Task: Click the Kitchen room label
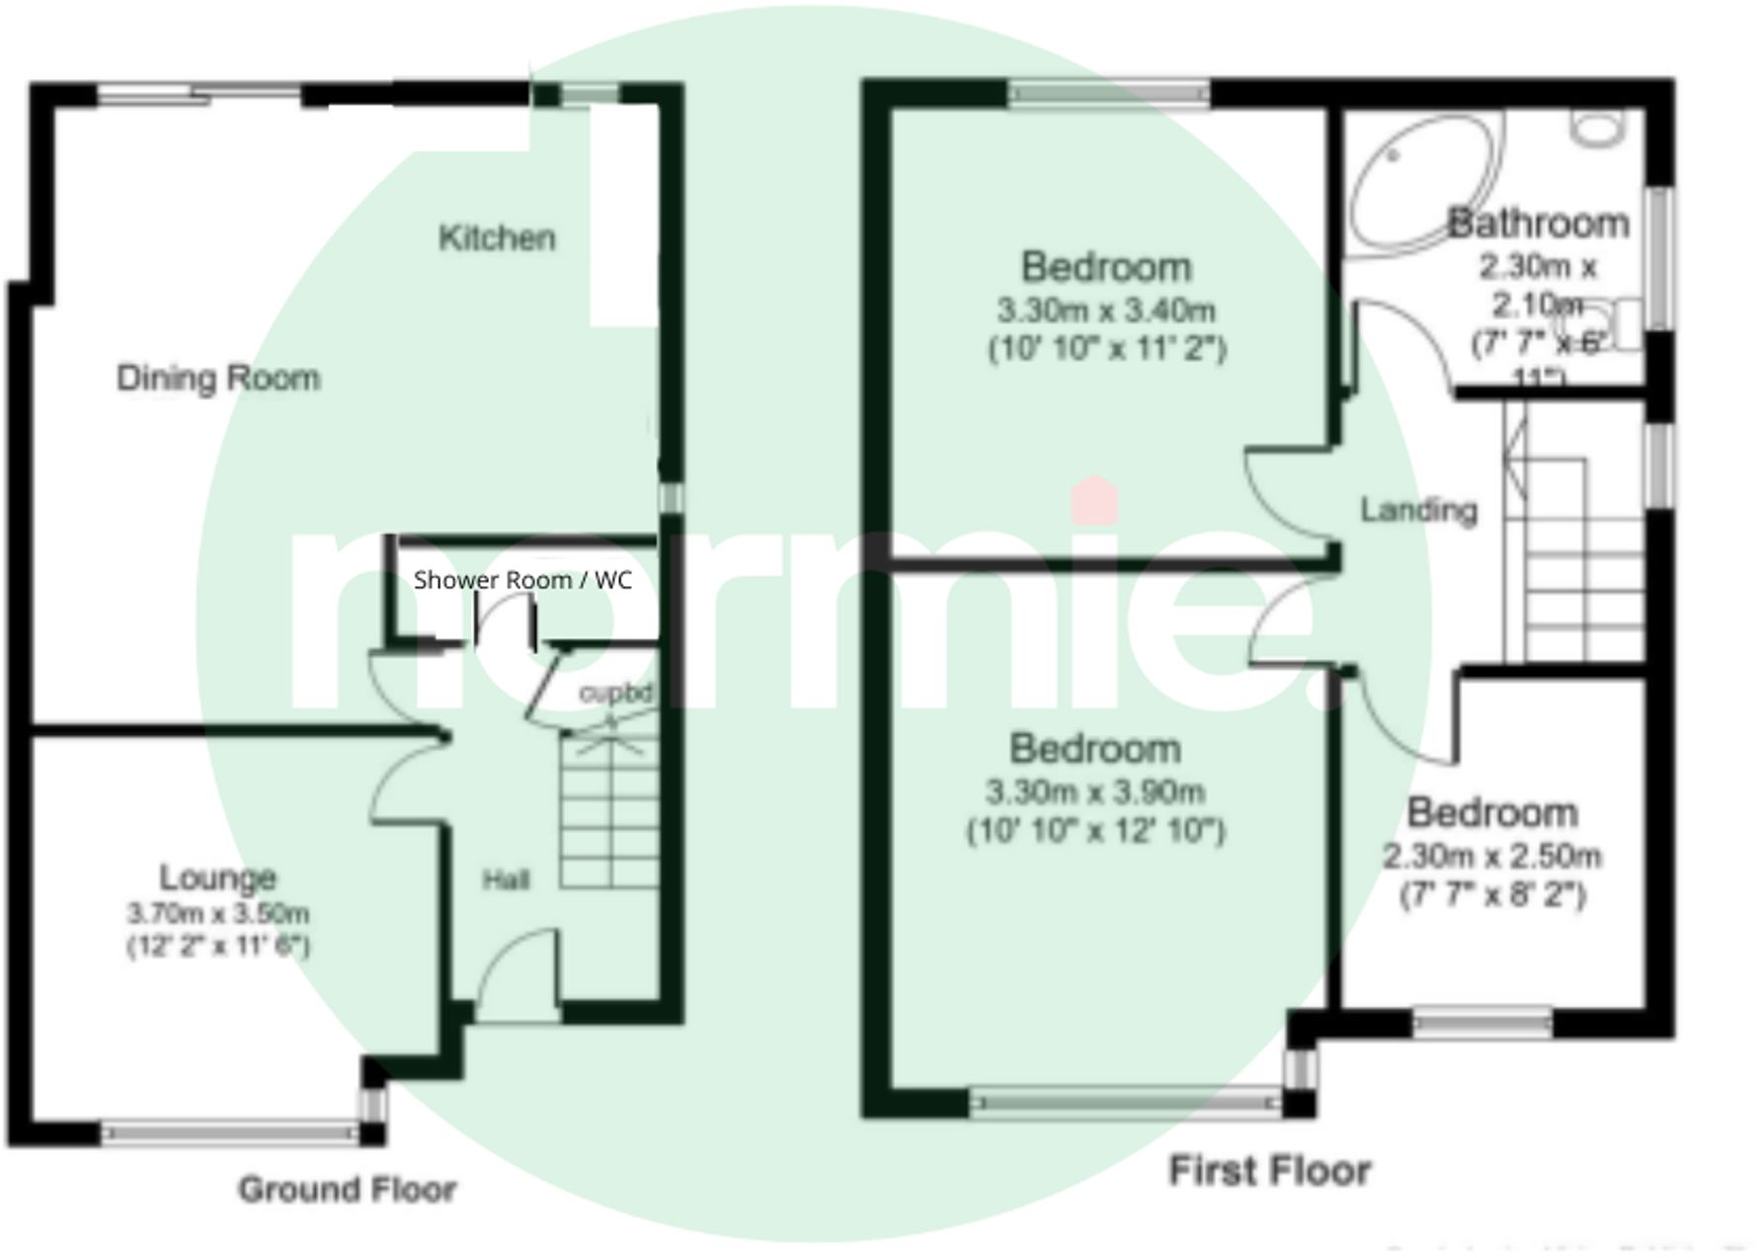pos(497,238)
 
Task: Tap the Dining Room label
pos(218,377)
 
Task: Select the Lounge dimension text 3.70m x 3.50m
pos(218,913)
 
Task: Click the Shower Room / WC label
pos(522,580)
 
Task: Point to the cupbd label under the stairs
pos(615,694)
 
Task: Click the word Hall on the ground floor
pos(506,880)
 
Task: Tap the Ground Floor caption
pos(348,1189)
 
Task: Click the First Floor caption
pos(1270,1171)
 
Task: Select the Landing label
pos(1419,510)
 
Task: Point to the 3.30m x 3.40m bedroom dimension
pos(1106,310)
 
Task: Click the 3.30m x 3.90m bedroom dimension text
pos(1095,792)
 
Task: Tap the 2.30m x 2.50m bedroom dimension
pos(1491,856)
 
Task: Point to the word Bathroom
pos(1538,223)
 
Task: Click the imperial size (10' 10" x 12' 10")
pos(1095,831)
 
